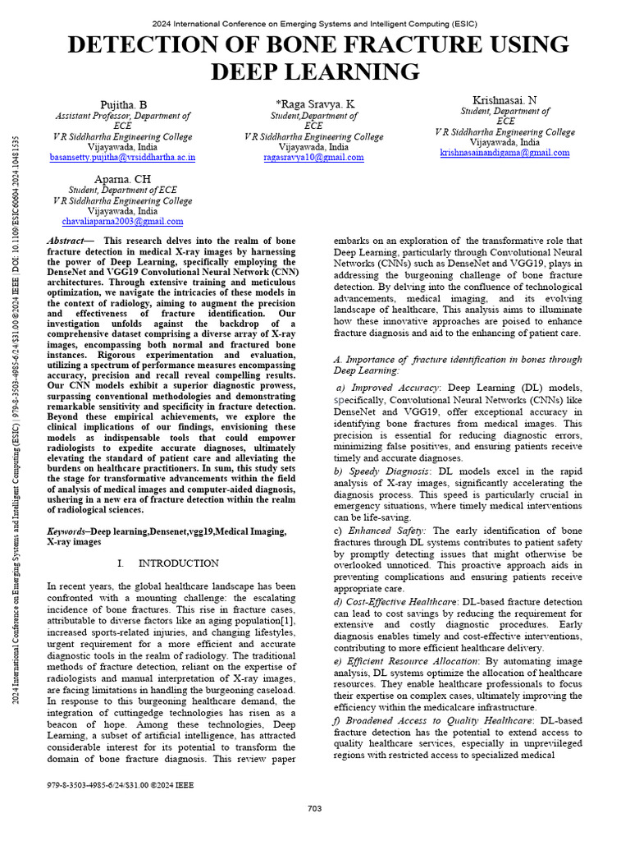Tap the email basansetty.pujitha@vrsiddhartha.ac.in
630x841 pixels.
coord(123,157)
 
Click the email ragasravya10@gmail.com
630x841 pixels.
coord(314,158)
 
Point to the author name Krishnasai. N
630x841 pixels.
coord(504,99)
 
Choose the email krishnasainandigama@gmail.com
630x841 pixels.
coord(504,153)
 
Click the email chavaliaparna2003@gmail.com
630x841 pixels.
coord(123,222)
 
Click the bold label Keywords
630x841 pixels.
coord(66,532)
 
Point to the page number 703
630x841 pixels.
coord(314,809)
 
